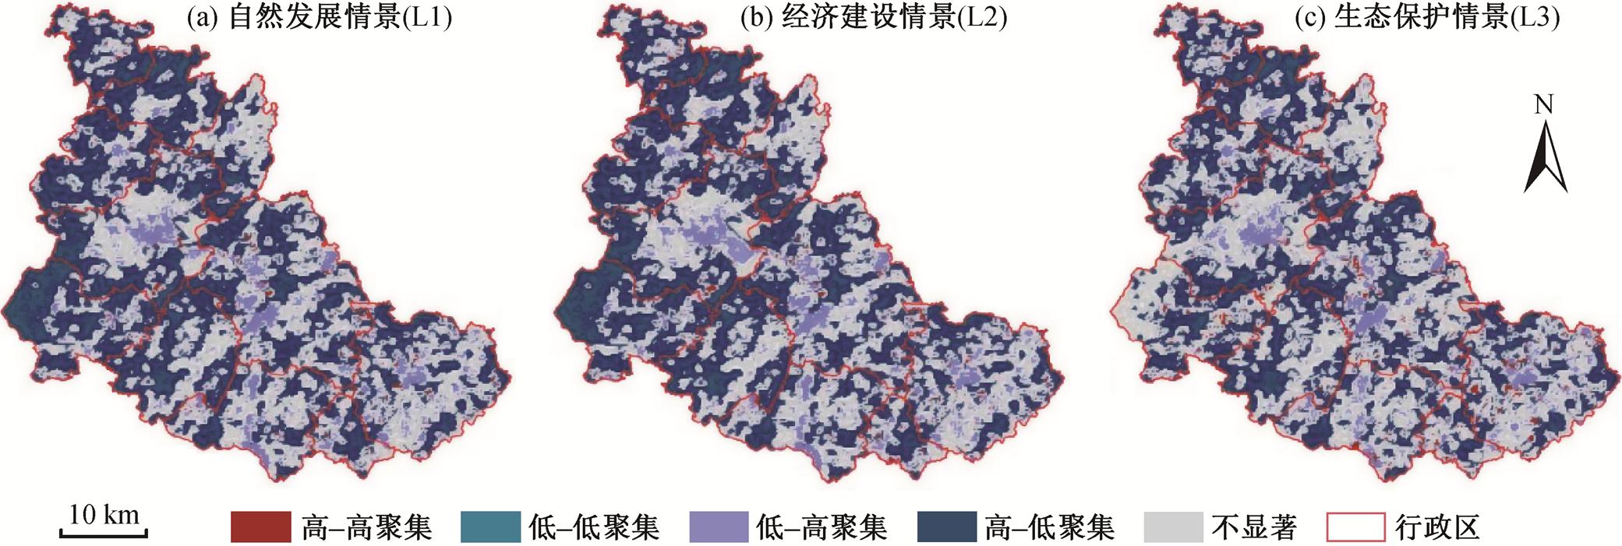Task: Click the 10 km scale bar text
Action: [x=104, y=514]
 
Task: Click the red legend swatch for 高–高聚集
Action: [x=260, y=527]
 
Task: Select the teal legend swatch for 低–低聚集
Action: [x=489, y=527]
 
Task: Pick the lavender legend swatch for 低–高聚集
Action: [x=719, y=527]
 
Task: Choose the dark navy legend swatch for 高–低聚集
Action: [x=947, y=527]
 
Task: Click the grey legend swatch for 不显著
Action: [x=1174, y=527]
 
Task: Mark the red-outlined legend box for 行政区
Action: [x=1355, y=527]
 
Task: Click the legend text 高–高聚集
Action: [x=366, y=528]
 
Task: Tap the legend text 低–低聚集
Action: [x=594, y=528]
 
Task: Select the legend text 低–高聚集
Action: [x=822, y=528]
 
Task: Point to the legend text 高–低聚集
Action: [x=1050, y=528]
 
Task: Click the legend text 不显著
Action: [x=1254, y=528]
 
